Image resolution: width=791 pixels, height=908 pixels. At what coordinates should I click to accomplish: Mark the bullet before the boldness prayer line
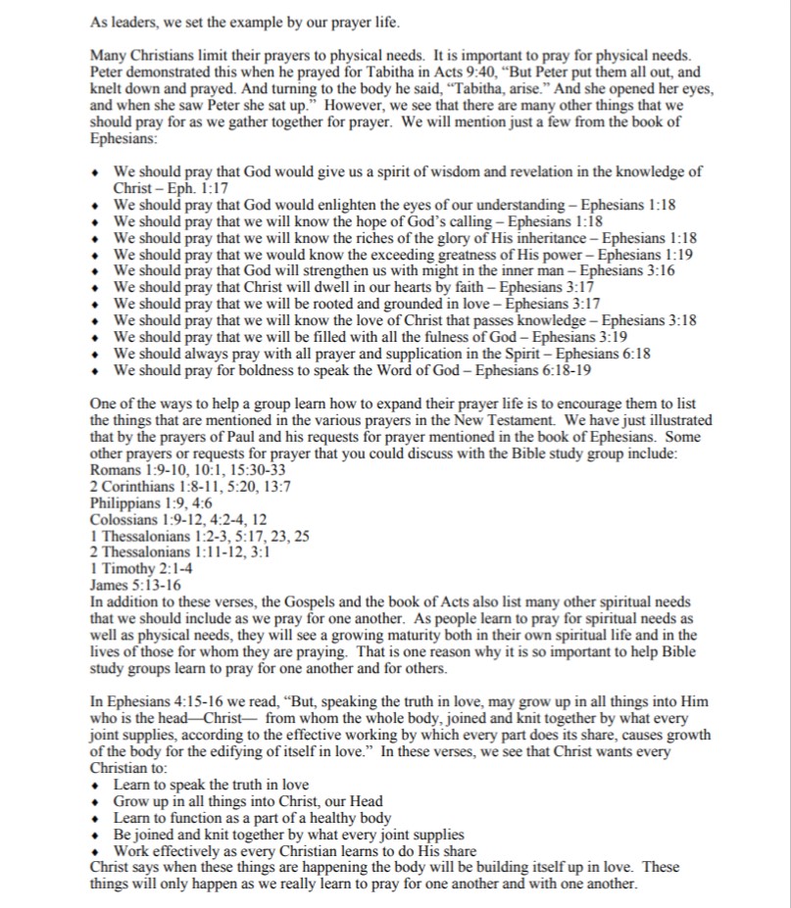(x=94, y=371)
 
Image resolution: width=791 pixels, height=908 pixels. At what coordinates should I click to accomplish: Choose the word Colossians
(x=121, y=519)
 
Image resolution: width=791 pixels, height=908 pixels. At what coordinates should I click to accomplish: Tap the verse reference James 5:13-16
(x=128, y=585)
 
